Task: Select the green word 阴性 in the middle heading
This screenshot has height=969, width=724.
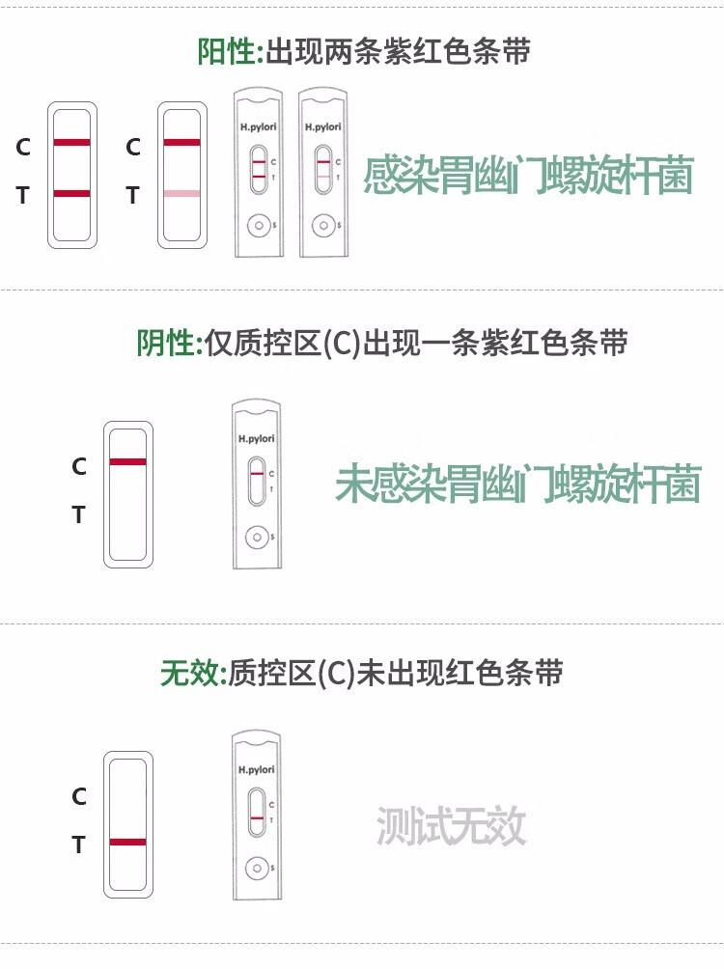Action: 165,342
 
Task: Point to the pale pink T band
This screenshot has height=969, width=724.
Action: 181,194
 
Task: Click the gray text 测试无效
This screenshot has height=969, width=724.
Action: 451,826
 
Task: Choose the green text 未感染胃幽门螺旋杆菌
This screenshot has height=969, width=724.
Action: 517,484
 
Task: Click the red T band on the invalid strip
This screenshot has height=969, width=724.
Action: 127,843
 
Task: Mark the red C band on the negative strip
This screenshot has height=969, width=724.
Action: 127,462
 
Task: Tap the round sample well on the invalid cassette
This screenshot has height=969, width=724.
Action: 257,869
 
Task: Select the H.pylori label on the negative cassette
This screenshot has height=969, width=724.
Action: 257,438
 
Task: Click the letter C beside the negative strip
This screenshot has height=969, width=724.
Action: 79,466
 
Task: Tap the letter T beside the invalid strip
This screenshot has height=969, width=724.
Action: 79,845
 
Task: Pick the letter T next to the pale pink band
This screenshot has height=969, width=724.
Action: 133,196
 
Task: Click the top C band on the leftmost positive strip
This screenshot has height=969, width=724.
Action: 72,142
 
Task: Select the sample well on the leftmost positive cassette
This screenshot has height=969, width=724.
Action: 259,226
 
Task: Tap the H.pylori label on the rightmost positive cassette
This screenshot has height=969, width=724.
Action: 322,126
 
